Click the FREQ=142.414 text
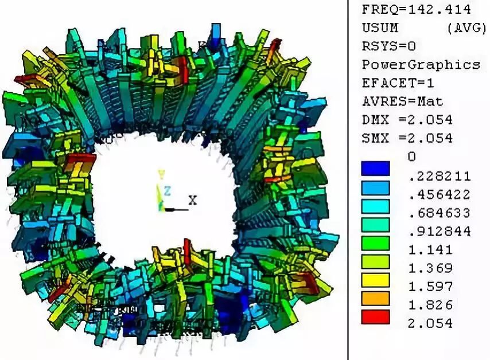tap(416, 9)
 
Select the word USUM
tap(380, 28)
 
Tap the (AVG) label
tap(467, 28)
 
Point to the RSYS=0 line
tap(389, 46)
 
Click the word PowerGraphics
tap(421, 65)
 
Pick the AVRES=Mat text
tap(403, 101)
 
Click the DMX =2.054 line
tap(407, 120)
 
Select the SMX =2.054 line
tap(407, 138)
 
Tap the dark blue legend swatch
tap(376, 169)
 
